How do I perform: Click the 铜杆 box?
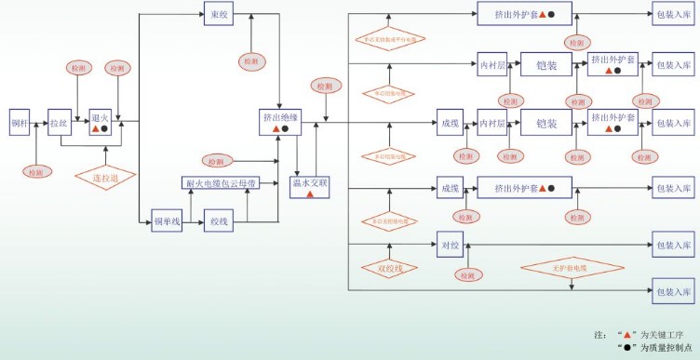20,122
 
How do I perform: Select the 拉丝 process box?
60,122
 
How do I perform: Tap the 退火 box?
100,122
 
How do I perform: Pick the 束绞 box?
218,14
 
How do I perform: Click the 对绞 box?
450,247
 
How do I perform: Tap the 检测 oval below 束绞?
252,60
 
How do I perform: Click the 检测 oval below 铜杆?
36,171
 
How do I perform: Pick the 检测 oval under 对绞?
465,275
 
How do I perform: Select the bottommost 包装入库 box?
673,290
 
